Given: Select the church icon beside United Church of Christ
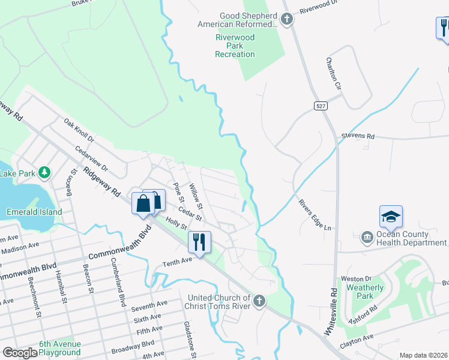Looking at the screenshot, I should tap(259, 300).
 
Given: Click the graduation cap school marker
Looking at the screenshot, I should tap(390, 217).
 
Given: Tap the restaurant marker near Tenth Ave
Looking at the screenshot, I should tap(198, 242).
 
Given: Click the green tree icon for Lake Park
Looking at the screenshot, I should tap(44, 173).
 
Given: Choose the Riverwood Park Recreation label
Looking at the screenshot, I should tap(235, 46).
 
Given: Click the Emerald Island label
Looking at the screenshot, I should tap(34, 212).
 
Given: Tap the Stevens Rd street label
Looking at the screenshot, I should tap(358, 137).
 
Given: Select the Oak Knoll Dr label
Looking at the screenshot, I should tap(79, 130).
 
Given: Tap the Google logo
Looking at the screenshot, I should tap(20, 353).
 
